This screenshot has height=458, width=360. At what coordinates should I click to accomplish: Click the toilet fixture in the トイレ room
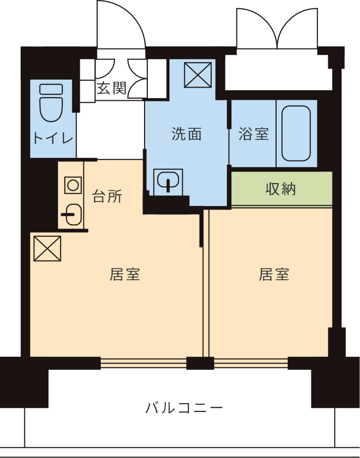click(x=51, y=103)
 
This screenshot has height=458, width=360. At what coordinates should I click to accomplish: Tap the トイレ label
click(x=53, y=138)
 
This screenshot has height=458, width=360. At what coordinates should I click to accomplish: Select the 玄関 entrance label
click(x=111, y=88)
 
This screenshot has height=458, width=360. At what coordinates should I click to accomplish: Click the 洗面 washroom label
click(x=186, y=134)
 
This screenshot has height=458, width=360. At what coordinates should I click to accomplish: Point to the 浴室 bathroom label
click(x=253, y=134)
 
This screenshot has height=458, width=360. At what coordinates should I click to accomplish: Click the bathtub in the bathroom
click(x=296, y=133)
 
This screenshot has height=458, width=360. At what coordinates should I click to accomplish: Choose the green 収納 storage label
click(x=280, y=189)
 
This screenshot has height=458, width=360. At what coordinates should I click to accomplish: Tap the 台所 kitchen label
click(x=107, y=196)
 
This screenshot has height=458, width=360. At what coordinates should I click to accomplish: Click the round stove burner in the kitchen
click(x=73, y=185)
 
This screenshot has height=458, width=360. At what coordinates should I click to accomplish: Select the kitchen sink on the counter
click(x=72, y=214)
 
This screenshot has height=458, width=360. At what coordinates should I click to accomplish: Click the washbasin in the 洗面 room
click(x=168, y=182)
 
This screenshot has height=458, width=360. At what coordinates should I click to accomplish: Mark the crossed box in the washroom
click(x=198, y=75)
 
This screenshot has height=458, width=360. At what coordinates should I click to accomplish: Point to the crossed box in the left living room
click(x=48, y=249)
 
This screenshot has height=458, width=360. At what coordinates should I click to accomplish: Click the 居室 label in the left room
click(x=125, y=274)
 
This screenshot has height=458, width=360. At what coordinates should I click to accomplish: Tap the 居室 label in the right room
click(x=274, y=274)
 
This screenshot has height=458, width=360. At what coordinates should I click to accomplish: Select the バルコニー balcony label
click(x=184, y=407)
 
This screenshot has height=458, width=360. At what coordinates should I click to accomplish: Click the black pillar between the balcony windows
click(x=200, y=363)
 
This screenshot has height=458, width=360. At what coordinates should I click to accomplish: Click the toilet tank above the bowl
click(x=51, y=89)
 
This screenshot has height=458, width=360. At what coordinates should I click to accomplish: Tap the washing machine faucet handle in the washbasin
click(x=168, y=186)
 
